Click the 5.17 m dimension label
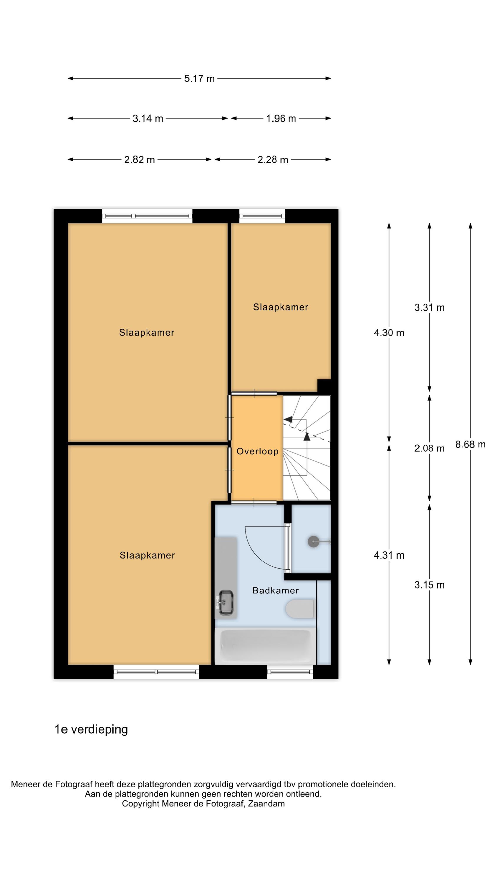199,79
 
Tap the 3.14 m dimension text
148,119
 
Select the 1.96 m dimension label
281,119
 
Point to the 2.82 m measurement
140,160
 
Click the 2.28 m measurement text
273,160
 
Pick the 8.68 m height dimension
470,444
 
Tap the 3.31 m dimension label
430,308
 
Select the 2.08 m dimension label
430,448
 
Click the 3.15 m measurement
430,585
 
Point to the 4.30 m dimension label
389,333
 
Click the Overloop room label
258,452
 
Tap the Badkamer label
275,590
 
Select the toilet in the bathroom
300,608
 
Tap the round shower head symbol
314,541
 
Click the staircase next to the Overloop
307,448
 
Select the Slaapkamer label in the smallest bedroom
281,307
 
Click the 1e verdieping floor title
91,729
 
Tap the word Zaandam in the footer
266,804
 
